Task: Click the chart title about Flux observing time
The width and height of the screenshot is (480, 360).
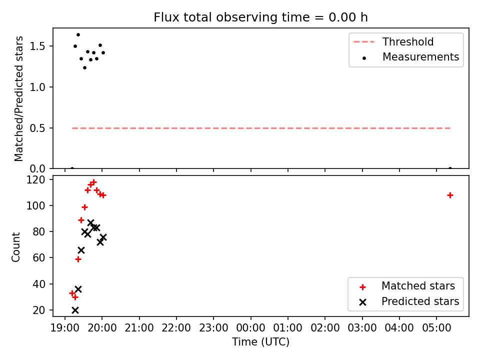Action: (260, 17)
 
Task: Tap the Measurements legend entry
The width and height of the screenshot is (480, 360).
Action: (410, 57)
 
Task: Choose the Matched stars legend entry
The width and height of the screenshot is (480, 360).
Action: (407, 286)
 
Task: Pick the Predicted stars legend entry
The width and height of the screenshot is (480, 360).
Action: (409, 301)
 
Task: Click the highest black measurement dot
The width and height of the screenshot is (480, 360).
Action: (78, 35)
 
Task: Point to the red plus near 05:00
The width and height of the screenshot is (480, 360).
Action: (450, 195)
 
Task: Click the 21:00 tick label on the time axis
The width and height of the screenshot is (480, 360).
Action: (139, 328)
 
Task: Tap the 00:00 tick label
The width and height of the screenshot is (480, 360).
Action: (250, 328)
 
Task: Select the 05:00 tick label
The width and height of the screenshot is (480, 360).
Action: (436, 328)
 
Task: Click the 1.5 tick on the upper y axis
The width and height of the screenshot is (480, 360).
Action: (37, 46)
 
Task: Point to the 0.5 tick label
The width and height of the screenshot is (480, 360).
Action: (37, 128)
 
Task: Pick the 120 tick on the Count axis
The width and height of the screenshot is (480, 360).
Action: (36, 179)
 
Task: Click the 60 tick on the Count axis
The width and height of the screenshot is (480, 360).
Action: (39, 258)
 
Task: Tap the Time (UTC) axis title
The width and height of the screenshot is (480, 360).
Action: (260, 341)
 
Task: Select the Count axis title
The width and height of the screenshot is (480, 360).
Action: (15, 246)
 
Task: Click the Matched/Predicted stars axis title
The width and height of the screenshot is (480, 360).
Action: (18, 98)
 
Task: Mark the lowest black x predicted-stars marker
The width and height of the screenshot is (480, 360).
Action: (75, 310)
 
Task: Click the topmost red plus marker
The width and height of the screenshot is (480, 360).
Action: (93, 182)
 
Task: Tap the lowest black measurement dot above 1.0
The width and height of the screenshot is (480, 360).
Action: (85, 67)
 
